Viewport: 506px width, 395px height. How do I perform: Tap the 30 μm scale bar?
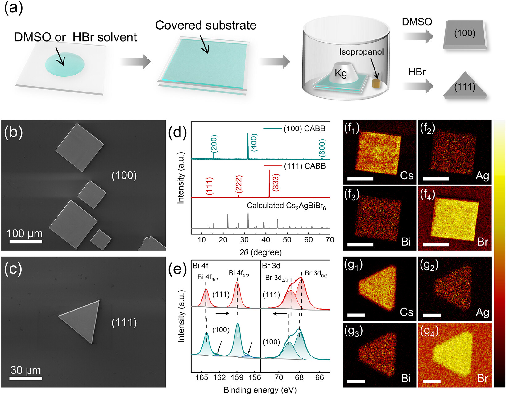coord(26,379)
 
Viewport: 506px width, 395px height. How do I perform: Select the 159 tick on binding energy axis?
coord(237,377)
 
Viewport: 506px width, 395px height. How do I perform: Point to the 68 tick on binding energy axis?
coord(299,377)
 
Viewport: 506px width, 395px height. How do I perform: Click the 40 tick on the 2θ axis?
coord(266,240)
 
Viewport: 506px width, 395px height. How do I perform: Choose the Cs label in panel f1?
coord(407,176)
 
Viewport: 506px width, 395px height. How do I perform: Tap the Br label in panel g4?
coord(483,378)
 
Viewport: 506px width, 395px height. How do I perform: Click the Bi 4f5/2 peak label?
coord(239,273)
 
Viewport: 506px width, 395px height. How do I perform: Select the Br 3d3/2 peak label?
coord(276,278)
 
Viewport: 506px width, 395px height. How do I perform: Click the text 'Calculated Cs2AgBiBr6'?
coord(286,206)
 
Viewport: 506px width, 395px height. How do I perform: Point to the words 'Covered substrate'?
coord(206,25)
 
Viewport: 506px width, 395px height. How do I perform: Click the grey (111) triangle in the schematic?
coord(465,86)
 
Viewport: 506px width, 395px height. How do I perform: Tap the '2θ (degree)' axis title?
coord(260,252)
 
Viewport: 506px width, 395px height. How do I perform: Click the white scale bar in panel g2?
coord(432,316)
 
